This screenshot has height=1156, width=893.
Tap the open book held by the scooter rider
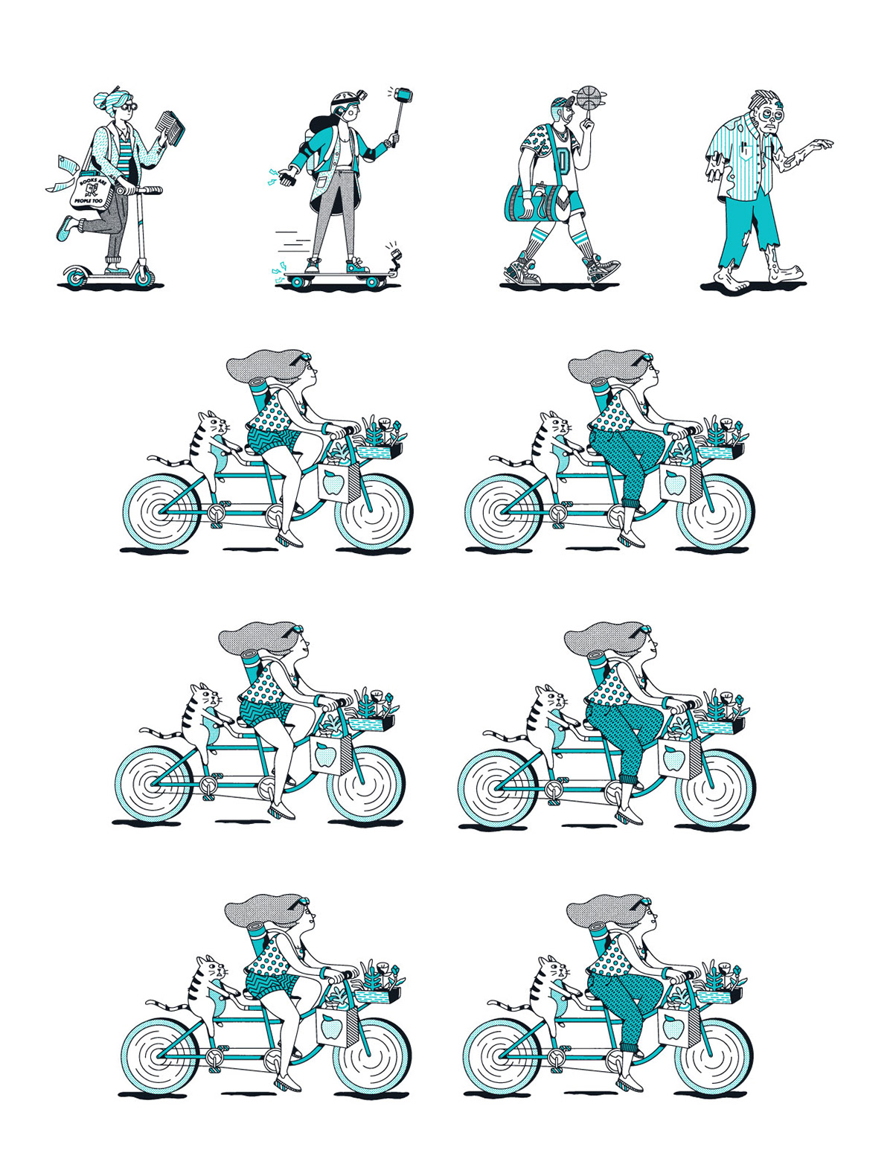click(170, 127)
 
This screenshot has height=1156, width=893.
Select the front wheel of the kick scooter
click(144, 275)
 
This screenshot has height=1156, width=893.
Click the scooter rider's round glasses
click(129, 106)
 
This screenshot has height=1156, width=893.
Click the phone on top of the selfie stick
click(404, 95)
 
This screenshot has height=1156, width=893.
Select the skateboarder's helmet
click(343, 99)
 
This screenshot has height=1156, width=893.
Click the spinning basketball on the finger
click(589, 98)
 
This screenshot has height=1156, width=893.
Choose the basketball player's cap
click(562, 102)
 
